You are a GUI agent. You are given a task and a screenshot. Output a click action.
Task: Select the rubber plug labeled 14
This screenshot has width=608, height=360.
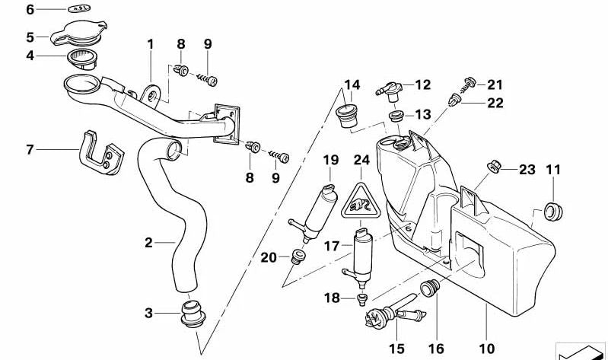[349, 116]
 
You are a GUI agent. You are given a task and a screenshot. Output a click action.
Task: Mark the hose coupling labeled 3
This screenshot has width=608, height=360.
[193, 314]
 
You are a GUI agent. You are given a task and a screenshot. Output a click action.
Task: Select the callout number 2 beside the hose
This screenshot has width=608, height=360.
[149, 244]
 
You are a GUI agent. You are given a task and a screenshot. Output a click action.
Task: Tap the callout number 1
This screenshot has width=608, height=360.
[151, 44]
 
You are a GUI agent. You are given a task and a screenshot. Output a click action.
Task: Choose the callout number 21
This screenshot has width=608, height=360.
[495, 84]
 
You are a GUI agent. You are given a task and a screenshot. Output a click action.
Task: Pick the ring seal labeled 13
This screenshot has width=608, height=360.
[396, 116]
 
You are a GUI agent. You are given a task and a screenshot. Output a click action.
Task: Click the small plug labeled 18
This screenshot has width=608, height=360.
[362, 298]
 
